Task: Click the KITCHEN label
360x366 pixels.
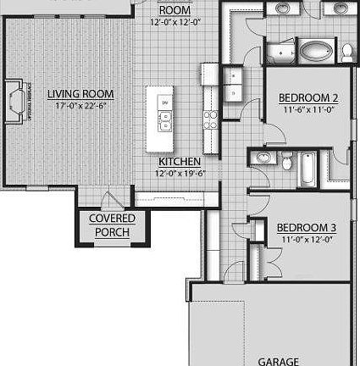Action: point(179,161)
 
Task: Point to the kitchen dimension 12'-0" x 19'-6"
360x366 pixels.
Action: point(179,173)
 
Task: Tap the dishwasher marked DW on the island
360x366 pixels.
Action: point(163,103)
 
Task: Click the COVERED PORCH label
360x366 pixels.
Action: point(113,225)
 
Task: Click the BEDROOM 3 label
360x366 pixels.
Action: point(307,227)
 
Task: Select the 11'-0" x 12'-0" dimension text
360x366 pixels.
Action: point(307,239)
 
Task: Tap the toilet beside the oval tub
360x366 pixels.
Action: point(347,51)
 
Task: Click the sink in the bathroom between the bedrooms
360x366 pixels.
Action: point(263,158)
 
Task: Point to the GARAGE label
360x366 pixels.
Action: point(277,361)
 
